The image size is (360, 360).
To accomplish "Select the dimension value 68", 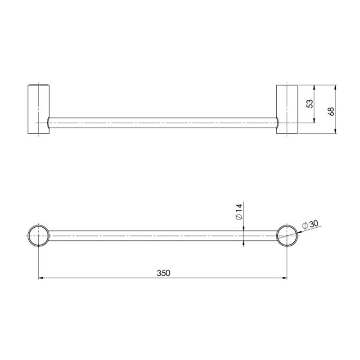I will [x=332, y=111].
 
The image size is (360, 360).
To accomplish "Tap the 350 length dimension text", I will [x=164, y=273].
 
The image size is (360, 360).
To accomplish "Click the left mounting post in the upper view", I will [x=38, y=109].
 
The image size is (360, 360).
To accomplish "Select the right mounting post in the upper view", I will [x=286, y=109].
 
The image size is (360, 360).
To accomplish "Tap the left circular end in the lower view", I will [x=38, y=235].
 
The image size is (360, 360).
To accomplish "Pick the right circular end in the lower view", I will [x=287, y=235].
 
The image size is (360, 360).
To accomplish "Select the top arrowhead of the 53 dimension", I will [x=314, y=87].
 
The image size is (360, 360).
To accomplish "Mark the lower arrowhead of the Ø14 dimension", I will [x=243, y=243].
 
